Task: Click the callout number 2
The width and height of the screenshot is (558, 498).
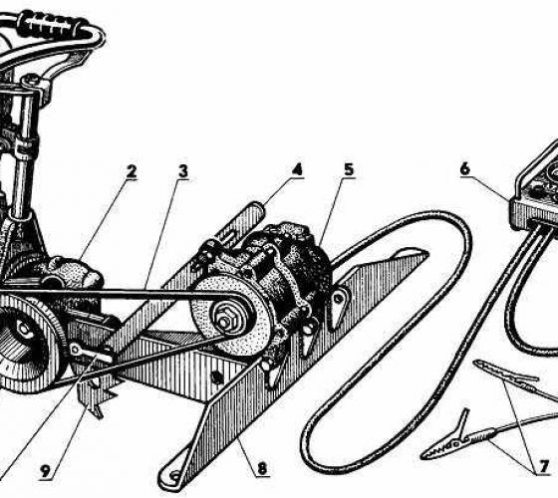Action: pos(132,172)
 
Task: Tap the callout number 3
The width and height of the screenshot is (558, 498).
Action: pos(183,171)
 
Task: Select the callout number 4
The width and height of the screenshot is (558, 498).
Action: pos(297,169)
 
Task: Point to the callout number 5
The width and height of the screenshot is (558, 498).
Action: pos(349,169)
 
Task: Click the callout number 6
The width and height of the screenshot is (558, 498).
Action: pos(465,168)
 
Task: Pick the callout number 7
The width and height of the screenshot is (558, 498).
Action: pos(544,467)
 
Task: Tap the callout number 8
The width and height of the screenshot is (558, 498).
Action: pos(262,468)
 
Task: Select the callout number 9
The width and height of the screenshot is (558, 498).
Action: pos(45,472)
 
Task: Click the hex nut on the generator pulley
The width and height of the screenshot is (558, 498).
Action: pos(224,322)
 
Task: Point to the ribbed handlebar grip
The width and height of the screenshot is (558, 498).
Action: pos(54,25)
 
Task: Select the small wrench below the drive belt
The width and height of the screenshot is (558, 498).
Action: pos(91,354)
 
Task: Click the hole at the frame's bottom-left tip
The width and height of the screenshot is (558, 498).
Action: pos(174,475)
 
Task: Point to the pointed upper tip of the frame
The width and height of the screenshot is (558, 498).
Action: pos(426,253)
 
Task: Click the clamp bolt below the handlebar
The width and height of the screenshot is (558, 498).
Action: pos(32,80)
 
